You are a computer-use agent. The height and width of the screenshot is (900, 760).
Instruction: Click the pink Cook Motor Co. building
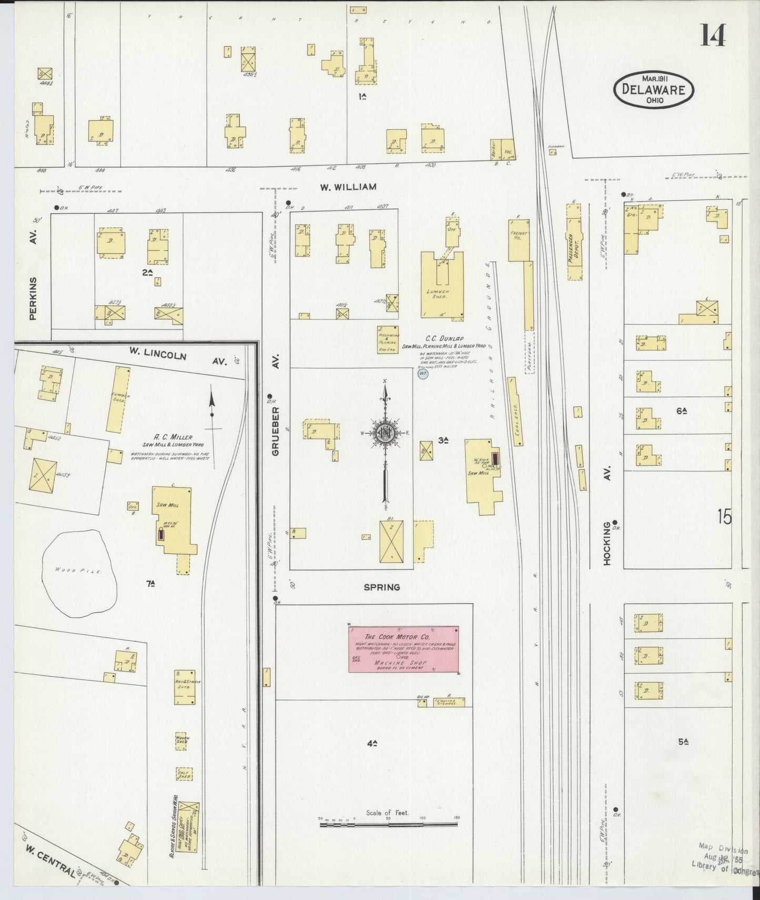pyautogui.click(x=403, y=649)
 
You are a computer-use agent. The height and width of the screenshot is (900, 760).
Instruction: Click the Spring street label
pyautogui.click(x=382, y=587)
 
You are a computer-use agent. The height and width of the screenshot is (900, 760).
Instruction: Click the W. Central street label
pyautogui.click(x=50, y=861)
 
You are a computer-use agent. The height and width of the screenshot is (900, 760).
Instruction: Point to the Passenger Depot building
pyautogui.click(x=575, y=242)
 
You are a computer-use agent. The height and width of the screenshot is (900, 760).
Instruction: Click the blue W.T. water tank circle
pyautogui.click(x=423, y=374)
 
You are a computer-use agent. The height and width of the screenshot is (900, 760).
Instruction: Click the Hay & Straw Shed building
pyautogui.click(x=185, y=687)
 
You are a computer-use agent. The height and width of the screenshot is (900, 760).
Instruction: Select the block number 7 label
pyautogui.click(x=150, y=583)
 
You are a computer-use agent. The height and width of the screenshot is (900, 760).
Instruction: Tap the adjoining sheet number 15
pyautogui.click(x=724, y=518)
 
